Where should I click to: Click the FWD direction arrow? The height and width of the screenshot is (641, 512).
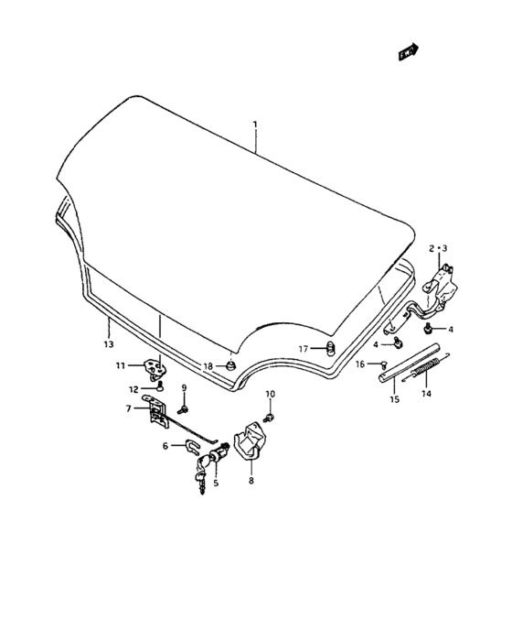pos(409,52)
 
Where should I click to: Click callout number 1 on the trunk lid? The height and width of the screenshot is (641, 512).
pos(255,124)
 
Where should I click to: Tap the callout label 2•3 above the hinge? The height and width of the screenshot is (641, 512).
pos(438,248)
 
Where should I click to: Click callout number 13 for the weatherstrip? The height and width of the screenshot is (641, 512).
pos(108,344)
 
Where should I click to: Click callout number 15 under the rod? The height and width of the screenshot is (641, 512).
pos(394,399)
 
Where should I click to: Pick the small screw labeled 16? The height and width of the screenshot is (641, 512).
pos(383,364)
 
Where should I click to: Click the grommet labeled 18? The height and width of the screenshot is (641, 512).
pos(231,365)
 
